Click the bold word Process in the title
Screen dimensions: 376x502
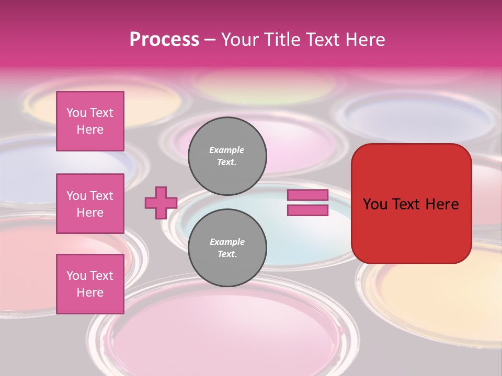point(164,40)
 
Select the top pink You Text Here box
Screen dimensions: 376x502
point(90,121)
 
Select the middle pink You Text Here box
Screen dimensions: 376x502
point(90,204)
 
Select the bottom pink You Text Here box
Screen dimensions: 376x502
point(90,284)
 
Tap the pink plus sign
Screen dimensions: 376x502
point(161,203)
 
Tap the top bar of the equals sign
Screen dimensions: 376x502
point(307,195)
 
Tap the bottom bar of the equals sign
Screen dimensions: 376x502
point(307,210)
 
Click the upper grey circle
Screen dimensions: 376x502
point(227,156)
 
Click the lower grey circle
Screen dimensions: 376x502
point(227,248)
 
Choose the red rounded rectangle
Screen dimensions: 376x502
point(411,230)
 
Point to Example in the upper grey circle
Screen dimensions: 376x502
point(227,150)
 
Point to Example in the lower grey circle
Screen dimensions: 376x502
point(227,242)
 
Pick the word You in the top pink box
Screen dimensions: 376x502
point(76,113)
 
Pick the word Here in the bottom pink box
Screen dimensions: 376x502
point(90,292)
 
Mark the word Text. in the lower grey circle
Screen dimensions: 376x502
point(227,254)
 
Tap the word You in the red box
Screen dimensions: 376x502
point(374,204)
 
